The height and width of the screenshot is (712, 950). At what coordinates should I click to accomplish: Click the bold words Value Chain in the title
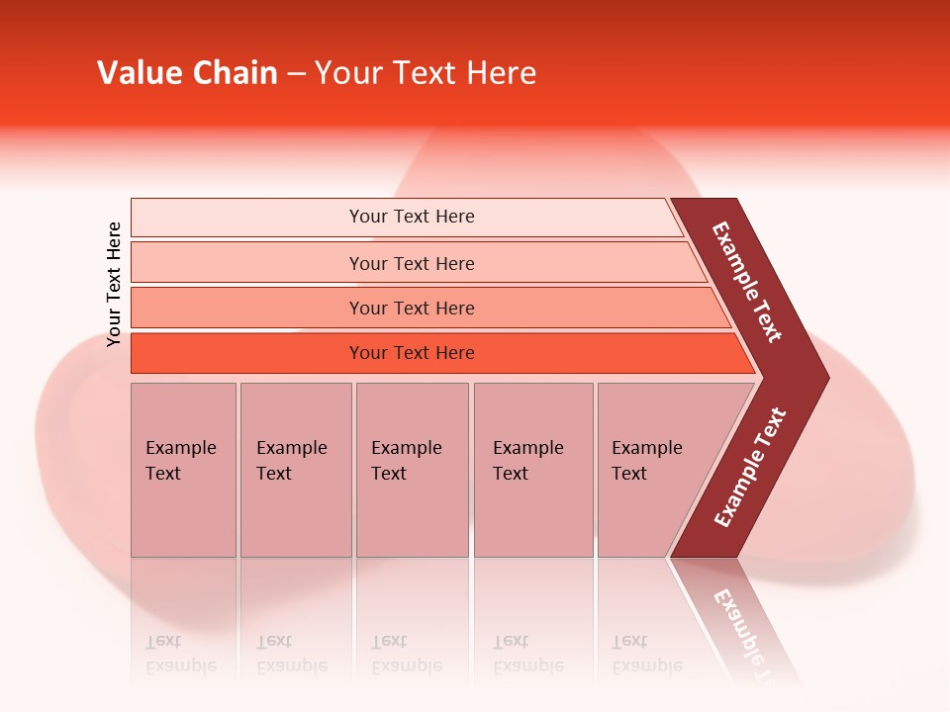tap(187, 73)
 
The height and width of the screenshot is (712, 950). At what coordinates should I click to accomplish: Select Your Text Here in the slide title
tap(426, 73)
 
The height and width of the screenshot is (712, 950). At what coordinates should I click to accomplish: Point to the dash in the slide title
tap(296, 74)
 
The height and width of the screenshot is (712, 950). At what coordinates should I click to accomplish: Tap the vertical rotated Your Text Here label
tap(114, 284)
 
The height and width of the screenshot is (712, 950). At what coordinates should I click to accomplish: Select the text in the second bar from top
tap(412, 263)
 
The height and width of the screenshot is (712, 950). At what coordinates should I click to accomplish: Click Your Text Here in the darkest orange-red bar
tap(412, 352)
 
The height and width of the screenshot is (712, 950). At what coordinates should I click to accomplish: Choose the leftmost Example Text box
tap(183, 469)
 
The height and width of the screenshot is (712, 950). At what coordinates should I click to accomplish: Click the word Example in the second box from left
tap(291, 448)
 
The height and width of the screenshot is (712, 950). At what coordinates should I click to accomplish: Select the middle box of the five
tap(412, 469)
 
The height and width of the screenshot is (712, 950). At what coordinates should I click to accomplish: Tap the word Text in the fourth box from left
tap(511, 474)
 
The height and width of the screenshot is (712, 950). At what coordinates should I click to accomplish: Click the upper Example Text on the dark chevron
tap(747, 283)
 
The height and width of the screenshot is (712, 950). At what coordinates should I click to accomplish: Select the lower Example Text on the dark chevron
tap(750, 467)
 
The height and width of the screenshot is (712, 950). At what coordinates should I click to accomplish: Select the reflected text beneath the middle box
tap(407, 654)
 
